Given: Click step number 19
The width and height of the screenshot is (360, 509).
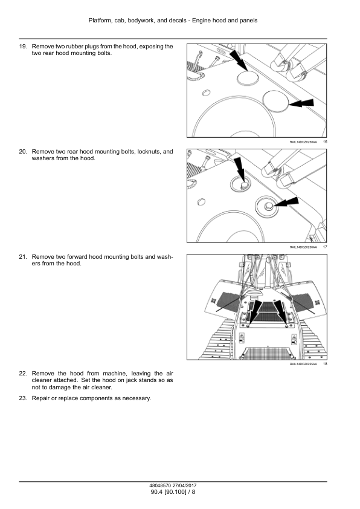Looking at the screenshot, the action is click(23, 47).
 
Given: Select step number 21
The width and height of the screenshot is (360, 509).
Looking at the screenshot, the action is click(23, 257).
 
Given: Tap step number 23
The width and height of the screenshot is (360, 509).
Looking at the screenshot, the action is click(23, 398).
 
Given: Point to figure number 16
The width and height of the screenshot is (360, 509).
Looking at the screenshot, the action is click(325, 142).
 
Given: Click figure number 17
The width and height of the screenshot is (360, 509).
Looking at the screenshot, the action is click(325, 247).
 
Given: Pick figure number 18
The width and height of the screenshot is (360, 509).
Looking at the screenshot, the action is click(325, 364).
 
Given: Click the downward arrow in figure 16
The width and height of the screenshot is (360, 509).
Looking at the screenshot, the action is click(239, 60).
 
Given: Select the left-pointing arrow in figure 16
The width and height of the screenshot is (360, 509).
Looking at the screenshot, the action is click(301, 103).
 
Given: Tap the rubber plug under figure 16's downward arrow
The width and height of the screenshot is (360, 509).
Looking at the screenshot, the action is click(248, 78).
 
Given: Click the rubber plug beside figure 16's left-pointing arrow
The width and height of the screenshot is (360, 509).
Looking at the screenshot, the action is click(275, 102).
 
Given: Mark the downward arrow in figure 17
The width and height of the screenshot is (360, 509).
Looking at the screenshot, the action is click(240, 168).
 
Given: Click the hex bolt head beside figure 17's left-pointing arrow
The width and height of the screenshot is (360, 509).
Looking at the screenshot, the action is click(269, 205).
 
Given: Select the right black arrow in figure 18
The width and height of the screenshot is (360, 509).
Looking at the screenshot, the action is click(280, 311).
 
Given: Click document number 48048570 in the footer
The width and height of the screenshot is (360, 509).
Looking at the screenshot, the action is click(160, 485).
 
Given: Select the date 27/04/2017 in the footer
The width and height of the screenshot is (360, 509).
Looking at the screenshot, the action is click(184, 485).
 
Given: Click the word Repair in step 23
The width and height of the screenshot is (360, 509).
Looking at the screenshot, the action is click(40, 398).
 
